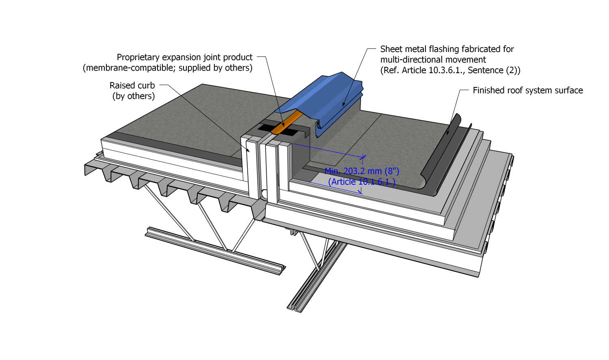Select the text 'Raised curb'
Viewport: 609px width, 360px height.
point(132,86)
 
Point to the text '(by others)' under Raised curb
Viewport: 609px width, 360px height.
point(134,96)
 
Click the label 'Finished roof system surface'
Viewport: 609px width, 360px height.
point(527,90)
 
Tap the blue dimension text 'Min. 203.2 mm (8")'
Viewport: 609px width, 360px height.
point(362,171)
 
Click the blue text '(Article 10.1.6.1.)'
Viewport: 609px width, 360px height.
point(361,182)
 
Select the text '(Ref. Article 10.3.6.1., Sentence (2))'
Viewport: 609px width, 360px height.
point(450,70)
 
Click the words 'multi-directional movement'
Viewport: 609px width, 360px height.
point(433,60)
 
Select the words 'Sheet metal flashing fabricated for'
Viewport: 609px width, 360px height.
point(447,49)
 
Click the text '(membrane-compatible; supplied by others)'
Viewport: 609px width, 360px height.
point(167,68)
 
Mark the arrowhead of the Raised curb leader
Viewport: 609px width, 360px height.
point(248,151)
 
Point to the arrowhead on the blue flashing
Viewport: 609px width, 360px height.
point(343,105)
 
